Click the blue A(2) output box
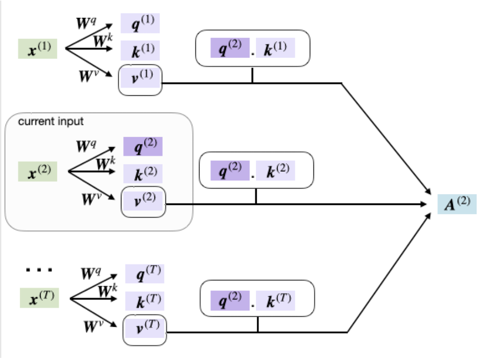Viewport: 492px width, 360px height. (457, 203)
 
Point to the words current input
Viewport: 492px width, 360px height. (51, 121)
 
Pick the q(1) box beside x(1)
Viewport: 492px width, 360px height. (140, 24)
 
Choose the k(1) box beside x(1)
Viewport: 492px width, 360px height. (140, 50)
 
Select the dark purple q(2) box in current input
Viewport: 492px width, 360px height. (143, 146)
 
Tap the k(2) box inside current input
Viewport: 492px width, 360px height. (143, 173)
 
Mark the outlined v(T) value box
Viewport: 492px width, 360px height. (145, 331)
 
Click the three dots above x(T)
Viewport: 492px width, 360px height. (39, 271)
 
